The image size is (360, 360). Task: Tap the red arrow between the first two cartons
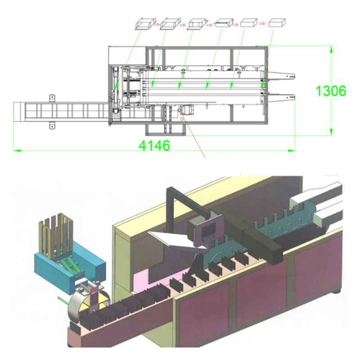pos(157,24)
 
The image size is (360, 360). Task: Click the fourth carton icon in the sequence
pos(223,23)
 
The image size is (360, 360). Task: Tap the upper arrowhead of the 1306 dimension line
pos(331,48)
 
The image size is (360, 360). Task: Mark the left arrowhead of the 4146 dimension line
pos(16,149)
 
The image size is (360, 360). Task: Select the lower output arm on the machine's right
pos(281,95)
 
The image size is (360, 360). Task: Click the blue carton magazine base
pos(72,265)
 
